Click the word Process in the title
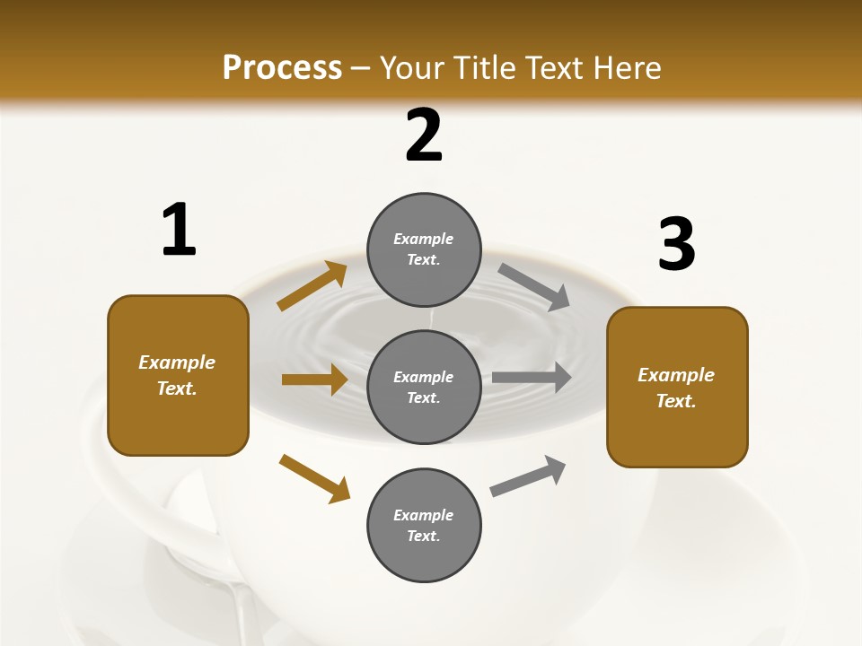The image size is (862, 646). [282, 68]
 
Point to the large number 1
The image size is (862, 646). [179, 231]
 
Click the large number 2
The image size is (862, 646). [424, 135]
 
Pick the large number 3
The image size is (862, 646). [676, 245]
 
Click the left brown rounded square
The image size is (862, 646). [178, 375]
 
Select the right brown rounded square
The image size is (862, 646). [677, 387]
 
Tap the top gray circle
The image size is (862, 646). [424, 249]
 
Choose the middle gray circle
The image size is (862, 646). [424, 387]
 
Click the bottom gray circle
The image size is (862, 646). [424, 525]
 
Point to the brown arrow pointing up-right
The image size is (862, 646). [312, 286]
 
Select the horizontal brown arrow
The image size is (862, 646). [314, 380]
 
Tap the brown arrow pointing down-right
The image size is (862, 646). [314, 478]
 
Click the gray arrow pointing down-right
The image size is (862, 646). [534, 287]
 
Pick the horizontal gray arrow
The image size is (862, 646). [532, 377]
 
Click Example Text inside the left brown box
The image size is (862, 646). [177, 375]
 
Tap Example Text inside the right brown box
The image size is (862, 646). [676, 388]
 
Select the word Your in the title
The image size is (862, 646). [414, 68]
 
